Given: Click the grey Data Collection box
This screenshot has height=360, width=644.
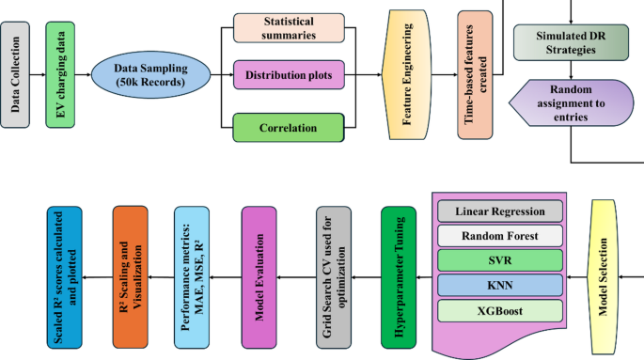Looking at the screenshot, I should pyautogui.click(x=16, y=72).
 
